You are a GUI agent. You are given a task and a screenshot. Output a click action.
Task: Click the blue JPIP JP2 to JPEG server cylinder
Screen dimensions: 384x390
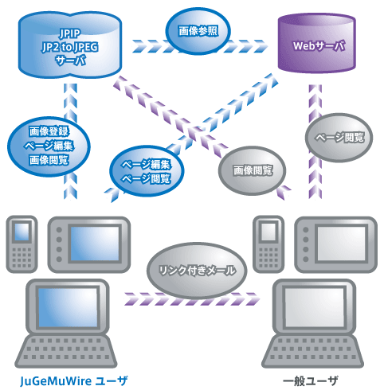(x=70, y=45)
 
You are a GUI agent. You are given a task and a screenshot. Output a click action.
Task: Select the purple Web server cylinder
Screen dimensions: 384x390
(x=316, y=43)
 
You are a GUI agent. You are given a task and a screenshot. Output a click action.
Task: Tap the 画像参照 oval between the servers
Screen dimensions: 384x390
(x=198, y=31)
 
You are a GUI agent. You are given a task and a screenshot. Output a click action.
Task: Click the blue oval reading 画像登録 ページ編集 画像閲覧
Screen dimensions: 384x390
(x=49, y=146)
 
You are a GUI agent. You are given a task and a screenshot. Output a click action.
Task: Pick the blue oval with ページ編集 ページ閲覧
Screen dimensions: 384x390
(x=147, y=171)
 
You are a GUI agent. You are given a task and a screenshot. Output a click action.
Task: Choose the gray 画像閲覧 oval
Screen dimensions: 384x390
(x=253, y=170)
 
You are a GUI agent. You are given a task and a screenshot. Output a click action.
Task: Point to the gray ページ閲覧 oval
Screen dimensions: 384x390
(x=339, y=138)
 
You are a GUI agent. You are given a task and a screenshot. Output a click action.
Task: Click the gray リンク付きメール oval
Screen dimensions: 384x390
(x=197, y=271)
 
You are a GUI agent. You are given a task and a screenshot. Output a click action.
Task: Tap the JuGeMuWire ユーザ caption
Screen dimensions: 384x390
(x=74, y=381)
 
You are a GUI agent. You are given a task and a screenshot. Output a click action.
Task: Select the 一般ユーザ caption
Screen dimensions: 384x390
(x=310, y=381)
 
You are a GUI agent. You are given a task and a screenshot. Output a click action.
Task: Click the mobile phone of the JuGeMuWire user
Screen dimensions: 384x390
(x=22, y=244)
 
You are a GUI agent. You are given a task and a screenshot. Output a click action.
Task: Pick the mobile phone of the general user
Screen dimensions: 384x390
(x=268, y=244)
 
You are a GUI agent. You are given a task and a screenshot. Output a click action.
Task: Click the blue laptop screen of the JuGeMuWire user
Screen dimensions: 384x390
(x=68, y=308)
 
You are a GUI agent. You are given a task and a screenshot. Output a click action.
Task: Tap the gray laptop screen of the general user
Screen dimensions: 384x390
(x=315, y=308)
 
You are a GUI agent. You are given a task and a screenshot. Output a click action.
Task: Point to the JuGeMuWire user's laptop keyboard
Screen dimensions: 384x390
(x=66, y=351)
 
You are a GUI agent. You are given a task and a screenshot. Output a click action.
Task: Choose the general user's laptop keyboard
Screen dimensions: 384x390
(x=312, y=351)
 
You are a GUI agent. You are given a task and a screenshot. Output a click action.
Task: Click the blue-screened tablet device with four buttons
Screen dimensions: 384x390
(x=89, y=244)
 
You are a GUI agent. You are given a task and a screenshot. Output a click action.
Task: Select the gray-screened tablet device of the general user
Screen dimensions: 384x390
(x=336, y=244)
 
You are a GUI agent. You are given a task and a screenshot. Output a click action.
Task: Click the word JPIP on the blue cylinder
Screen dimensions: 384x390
(x=70, y=33)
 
